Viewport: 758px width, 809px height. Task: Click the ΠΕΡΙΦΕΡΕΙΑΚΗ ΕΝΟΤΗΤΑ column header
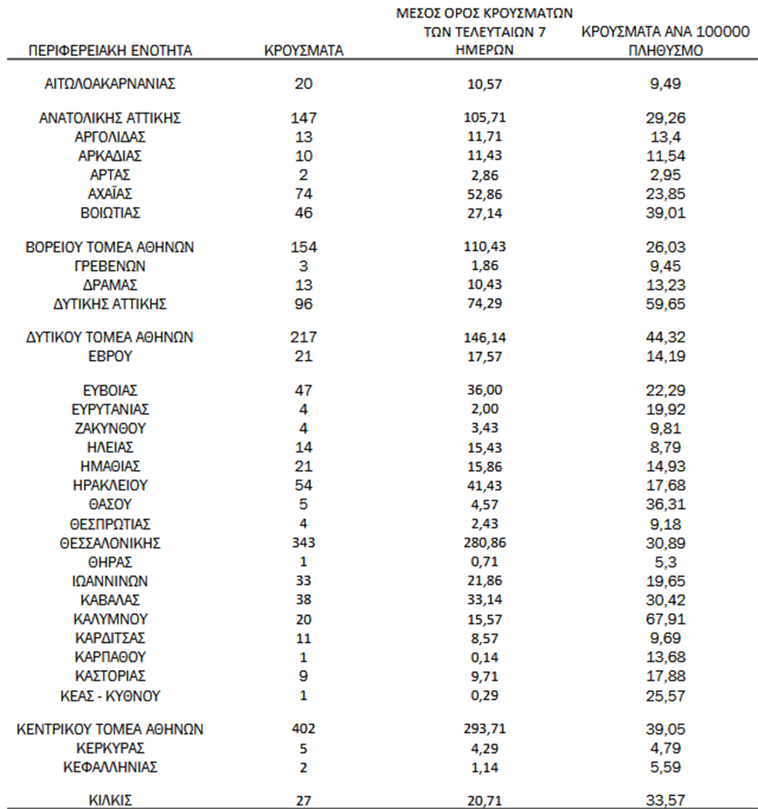click(110, 51)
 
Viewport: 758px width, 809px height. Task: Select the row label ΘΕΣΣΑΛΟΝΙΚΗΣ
click(110, 543)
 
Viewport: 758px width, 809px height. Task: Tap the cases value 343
click(304, 543)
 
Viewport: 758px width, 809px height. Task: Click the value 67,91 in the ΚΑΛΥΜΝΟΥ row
click(665, 619)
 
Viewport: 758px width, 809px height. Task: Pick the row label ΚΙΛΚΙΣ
click(110, 799)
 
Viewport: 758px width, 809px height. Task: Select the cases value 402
click(304, 729)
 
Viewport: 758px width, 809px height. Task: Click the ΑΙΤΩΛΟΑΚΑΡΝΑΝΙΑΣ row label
click(110, 84)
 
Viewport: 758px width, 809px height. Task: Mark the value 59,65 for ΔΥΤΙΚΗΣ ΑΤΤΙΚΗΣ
click(665, 304)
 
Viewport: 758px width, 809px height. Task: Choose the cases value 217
click(304, 337)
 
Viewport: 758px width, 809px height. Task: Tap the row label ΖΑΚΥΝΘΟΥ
click(110, 428)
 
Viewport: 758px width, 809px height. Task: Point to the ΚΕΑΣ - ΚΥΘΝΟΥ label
click(110, 696)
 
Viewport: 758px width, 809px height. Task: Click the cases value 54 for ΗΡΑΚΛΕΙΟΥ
click(304, 485)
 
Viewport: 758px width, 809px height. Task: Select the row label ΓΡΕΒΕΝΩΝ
click(110, 266)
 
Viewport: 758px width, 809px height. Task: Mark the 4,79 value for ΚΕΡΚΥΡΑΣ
click(665, 748)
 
